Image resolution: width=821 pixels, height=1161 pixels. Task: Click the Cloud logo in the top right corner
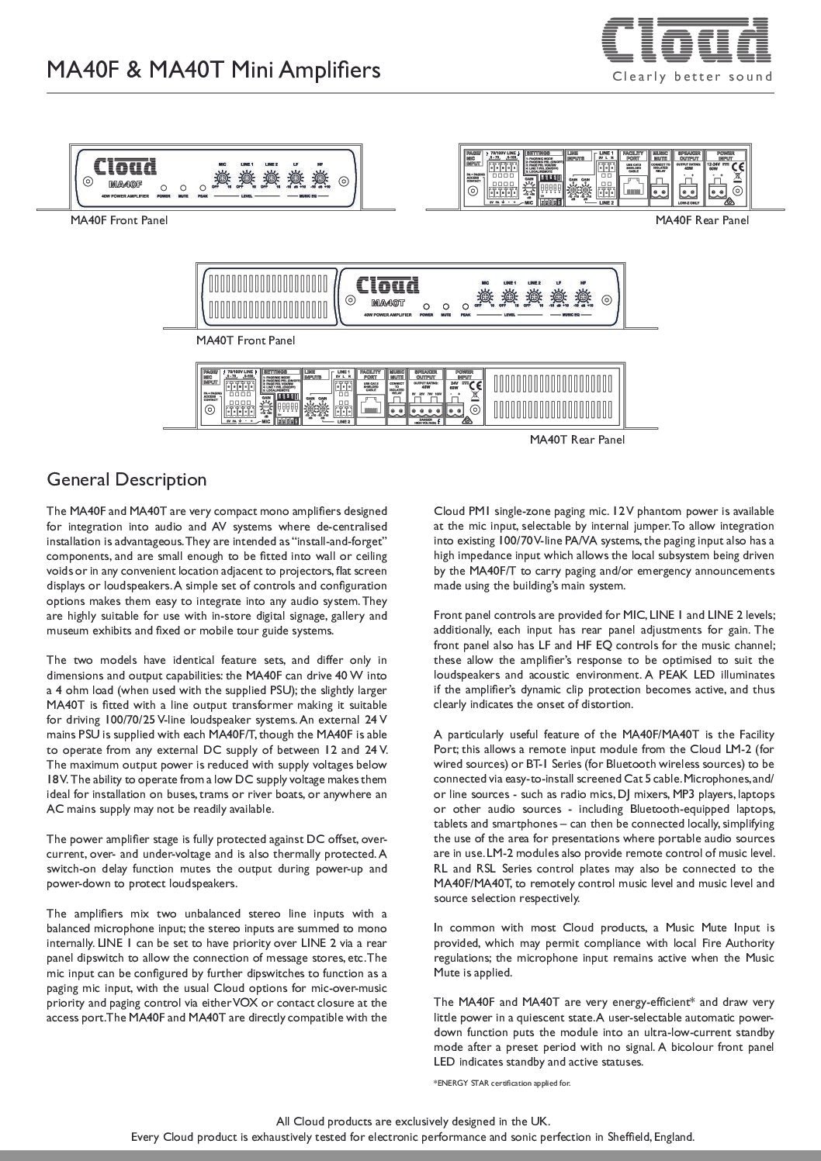tap(688, 41)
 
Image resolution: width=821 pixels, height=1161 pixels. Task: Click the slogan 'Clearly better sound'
tap(693, 77)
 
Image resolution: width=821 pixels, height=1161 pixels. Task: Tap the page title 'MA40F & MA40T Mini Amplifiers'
tap(213, 71)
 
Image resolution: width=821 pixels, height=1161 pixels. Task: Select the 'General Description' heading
tap(127, 479)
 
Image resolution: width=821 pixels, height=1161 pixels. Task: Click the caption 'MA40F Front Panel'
tap(119, 220)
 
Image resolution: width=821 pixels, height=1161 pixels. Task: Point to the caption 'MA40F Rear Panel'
tap(702, 220)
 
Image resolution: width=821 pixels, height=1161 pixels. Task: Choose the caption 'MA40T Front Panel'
tap(245, 340)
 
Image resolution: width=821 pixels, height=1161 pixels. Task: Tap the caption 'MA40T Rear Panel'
tap(577, 440)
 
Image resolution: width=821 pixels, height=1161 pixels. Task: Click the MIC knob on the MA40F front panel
tap(222, 176)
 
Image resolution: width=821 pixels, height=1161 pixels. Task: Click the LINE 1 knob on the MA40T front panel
tap(509, 295)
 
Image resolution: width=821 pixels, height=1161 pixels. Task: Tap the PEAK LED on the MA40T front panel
tap(465, 305)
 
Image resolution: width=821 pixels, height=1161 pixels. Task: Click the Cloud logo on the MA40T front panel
tap(388, 285)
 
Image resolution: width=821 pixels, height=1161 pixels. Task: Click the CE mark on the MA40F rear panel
tap(738, 166)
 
